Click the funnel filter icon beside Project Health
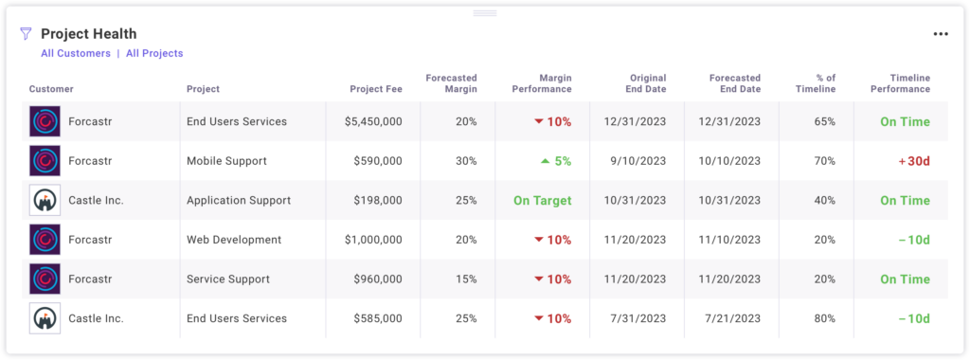pos(26,34)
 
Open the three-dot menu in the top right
pos(940,34)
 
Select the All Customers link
pos(76,54)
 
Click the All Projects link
pos(154,54)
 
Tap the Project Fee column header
pos(376,89)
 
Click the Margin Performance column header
pos(542,83)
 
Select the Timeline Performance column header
pos(900,83)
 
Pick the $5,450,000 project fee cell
pos(365,122)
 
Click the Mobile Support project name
pos(226,161)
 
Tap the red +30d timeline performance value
pos(913,161)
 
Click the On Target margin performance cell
pos(542,201)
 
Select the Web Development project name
pos(234,240)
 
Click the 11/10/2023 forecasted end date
pos(728,240)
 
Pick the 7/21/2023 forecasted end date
pos(732,318)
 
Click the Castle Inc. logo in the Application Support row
pos(45,201)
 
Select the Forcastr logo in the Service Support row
pos(45,279)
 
